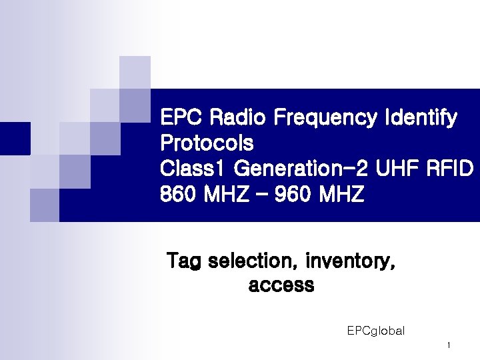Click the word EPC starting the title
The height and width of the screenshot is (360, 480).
pos(182,118)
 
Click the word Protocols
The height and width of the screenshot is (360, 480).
pos(207,143)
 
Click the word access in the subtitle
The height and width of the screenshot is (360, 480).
pos(281,285)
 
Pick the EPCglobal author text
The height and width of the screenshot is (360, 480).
pos(375,331)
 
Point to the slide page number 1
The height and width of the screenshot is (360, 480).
pos(449,345)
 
